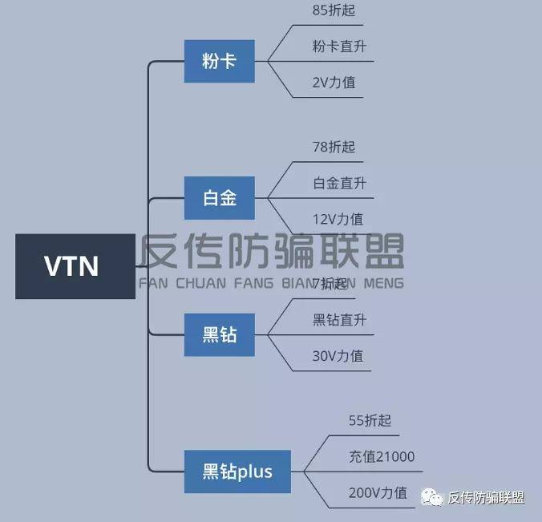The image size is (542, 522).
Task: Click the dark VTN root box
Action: coord(75,266)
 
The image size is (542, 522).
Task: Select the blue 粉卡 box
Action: coord(219,61)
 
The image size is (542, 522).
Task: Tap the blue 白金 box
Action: coord(219,198)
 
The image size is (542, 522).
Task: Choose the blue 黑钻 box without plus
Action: coord(219,334)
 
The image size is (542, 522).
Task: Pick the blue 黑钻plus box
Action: coord(237,471)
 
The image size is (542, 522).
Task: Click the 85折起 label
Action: coord(334,12)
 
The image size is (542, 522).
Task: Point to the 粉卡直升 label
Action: coord(339,46)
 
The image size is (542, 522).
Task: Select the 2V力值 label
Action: coord(338,81)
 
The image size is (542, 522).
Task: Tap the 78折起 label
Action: coord(334,147)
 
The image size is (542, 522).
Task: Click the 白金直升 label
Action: coord(339,183)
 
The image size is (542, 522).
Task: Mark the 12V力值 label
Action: coord(338,218)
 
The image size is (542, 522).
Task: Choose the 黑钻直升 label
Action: coord(339,319)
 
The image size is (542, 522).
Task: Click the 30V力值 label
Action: coord(338,355)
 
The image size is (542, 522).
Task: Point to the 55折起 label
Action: coord(370,420)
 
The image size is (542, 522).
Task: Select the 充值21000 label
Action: coord(382,457)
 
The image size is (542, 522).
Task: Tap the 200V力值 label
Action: coord(378,492)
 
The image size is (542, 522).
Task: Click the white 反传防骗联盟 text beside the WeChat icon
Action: coord(486,498)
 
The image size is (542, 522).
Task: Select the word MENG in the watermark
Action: coord(384,283)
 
